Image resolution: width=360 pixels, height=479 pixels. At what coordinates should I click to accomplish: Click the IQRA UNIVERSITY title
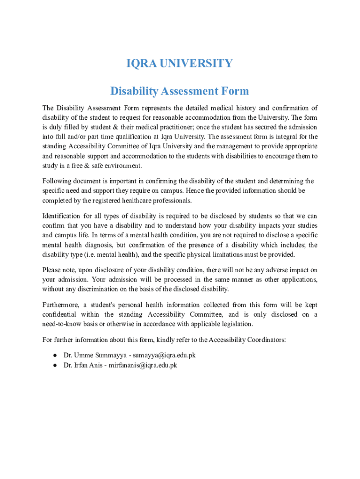[180, 63]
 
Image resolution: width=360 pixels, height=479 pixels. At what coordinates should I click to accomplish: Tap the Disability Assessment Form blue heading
[180, 91]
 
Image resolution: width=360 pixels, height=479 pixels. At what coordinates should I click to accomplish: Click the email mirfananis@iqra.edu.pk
[143, 365]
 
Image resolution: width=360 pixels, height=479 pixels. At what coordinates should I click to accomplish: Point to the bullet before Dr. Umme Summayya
[55, 355]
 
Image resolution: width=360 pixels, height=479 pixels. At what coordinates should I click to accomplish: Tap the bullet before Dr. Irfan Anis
[55, 365]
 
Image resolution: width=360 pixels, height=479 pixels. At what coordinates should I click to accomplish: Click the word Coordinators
[266, 340]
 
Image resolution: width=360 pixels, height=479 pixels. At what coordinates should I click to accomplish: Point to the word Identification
[61, 216]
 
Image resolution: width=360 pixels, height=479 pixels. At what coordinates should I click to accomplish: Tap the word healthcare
[145, 200]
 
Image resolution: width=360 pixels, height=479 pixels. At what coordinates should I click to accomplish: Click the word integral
[279, 137]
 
